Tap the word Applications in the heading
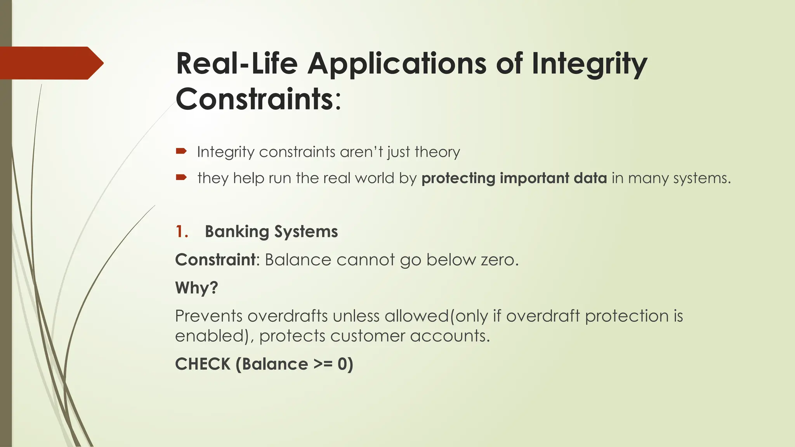(397, 64)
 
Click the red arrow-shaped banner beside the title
(50, 63)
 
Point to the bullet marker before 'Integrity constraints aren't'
(181, 151)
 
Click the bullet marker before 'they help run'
(181, 178)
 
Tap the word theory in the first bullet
(437, 152)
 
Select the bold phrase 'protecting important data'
(514, 178)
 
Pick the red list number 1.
(181, 232)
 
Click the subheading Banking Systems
(271, 232)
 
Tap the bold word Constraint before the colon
(215, 260)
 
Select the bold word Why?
(196, 288)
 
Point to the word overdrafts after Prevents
(287, 316)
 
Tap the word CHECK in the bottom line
(203, 364)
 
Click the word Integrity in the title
(589, 64)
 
